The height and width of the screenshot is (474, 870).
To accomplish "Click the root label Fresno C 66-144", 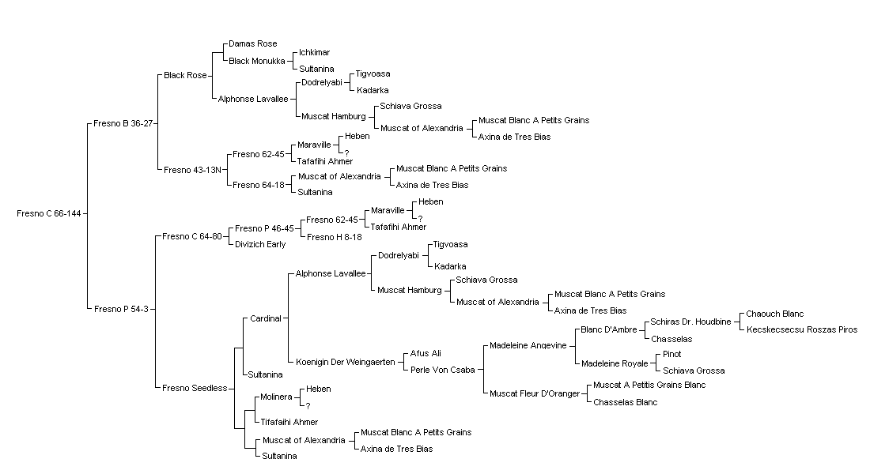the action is click(x=49, y=213).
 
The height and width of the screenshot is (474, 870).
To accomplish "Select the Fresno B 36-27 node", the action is click(x=123, y=123).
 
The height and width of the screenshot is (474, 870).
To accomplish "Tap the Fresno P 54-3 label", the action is click(x=121, y=309).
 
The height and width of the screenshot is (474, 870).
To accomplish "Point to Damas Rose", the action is click(x=252, y=43).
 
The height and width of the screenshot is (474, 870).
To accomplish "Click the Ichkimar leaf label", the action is click(x=315, y=53).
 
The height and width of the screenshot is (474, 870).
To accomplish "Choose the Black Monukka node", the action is click(x=257, y=61).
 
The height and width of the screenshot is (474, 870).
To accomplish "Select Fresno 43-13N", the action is click(x=192, y=170).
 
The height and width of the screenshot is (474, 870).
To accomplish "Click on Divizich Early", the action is click(x=260, y=244).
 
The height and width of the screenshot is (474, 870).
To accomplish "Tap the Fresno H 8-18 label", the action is click(x=334, y=237).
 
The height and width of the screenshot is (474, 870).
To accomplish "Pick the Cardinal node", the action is click(x=266, y=319).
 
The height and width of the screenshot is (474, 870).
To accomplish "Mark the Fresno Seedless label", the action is click(x=195, y=388).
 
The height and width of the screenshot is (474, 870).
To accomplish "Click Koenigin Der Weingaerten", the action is click(x=345, y=362).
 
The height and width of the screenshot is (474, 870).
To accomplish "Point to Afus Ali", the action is click(x=426, y=354).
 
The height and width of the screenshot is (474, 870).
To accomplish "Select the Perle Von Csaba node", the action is click(x=443, y=371).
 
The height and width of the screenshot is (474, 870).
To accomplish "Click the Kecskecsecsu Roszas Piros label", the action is click(x=802, y=330).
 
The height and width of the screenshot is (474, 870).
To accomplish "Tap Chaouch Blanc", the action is click(x=774, y=314).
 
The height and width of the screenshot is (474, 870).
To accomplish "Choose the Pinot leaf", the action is click(x=672, y=354).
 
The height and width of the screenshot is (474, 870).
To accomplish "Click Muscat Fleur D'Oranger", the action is click(x=535, y=394).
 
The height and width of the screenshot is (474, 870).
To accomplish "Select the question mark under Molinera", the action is click(x=308, y=406).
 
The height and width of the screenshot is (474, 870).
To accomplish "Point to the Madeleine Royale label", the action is click(x=615, y=363).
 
